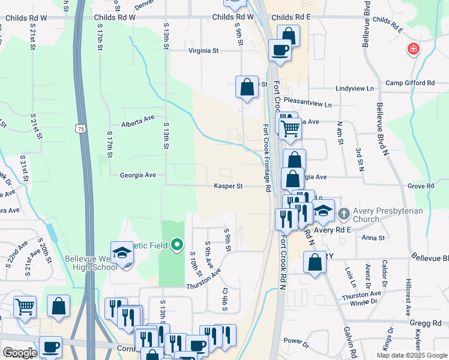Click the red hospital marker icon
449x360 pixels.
[x=413, y=49]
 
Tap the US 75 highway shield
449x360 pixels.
[x=80, y=128]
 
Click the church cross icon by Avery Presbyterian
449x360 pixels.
[x=344, y=213]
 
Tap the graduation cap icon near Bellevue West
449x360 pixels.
[x=122, y=253]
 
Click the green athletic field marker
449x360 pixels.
[x=176, y=245]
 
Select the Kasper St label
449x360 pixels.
[x=228, y=186]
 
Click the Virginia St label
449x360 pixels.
[x=203, y=51]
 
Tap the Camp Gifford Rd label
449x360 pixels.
[x=410, y=83]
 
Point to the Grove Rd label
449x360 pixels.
[x=420, y=187]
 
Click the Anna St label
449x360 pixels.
[x=373, y=238]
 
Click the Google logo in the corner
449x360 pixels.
[x=20, y=352]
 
